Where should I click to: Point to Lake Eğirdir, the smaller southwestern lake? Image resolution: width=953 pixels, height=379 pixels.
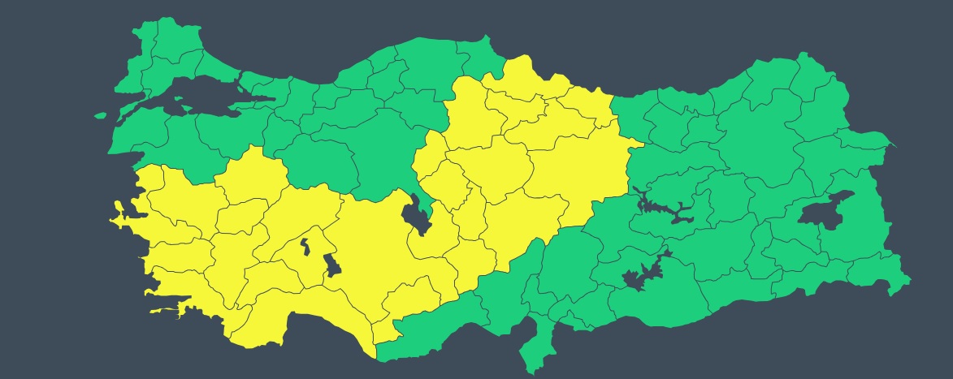305,246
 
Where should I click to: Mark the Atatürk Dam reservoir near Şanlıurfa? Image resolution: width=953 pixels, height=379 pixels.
642,276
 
